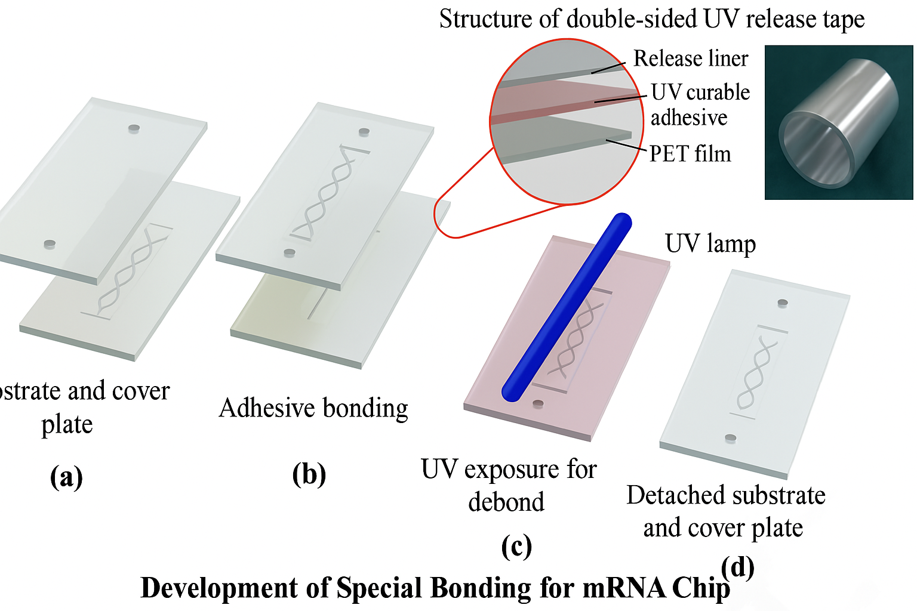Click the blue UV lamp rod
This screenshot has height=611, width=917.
click(x=566, y=307)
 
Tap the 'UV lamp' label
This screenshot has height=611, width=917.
click(x=710, y=244)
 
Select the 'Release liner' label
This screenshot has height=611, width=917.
click(x=690, y=58)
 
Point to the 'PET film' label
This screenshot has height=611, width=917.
click(x=690, y=154)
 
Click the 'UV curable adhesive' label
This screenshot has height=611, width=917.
click(x=700, y=105)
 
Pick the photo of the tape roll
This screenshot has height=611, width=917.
click(x=838, y=122)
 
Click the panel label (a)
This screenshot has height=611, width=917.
click(x=66, y=477)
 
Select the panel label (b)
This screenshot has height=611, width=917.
click(x=309, y=474)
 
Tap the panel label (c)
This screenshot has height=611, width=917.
click(x=516, y=546)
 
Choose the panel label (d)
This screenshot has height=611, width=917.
click(x=737, y=567)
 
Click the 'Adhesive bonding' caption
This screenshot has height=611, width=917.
click(x=313, y=408)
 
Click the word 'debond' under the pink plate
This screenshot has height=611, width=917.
click(x=506, y=502)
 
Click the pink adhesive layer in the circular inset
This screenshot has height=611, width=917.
click(x=561, y=101)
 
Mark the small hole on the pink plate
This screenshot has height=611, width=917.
click(x=538, y=404)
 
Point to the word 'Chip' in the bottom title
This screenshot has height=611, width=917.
click(x=700, y=588)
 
